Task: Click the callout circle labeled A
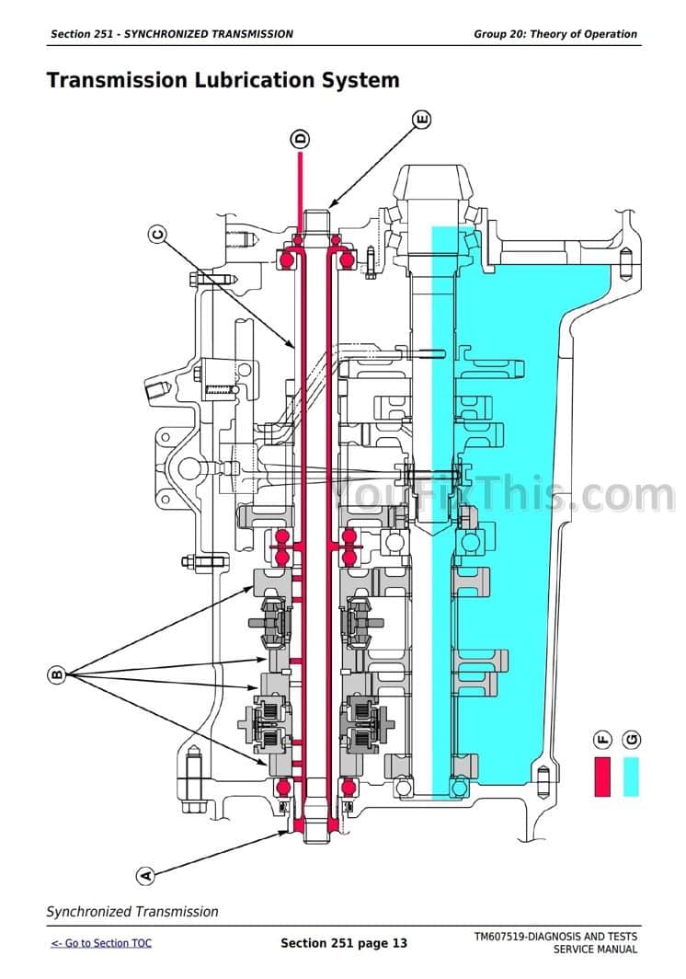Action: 144,876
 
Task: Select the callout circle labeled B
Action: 56,676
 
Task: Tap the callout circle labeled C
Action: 157,236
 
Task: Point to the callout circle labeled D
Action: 301,140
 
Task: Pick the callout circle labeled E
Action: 421,119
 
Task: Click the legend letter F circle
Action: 603,740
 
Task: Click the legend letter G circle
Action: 631,740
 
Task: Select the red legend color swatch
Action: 603,777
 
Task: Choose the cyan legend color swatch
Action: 631,777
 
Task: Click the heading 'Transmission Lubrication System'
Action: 223,80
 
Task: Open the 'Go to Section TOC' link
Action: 101,943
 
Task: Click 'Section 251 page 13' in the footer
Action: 343,943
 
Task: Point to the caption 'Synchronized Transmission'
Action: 132,912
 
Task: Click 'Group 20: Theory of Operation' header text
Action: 555,34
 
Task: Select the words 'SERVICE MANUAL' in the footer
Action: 595,950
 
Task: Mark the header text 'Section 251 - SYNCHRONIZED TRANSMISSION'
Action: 172,34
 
